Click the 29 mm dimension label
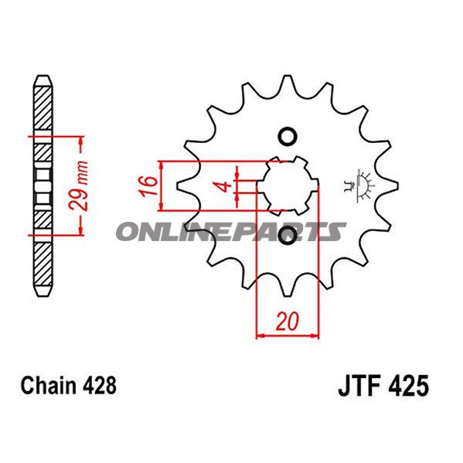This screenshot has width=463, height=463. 79,186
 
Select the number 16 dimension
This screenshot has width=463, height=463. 148,186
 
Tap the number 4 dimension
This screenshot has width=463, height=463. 225,186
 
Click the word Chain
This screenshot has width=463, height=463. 48,386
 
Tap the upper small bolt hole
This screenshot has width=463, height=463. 288,136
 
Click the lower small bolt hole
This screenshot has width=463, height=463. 288,235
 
